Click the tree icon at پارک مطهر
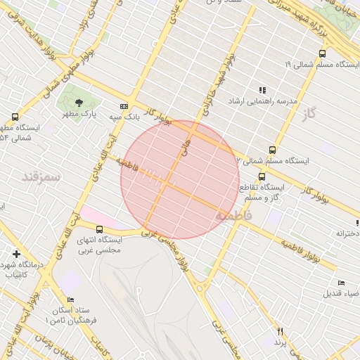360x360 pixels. tap(77, 103)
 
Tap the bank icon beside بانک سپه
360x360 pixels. tap(124, 106)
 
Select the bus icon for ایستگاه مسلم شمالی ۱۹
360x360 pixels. tap(322, 53)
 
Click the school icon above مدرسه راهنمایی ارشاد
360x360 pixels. tap(262, 90)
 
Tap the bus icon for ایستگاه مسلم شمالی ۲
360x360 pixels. tap(272, 150)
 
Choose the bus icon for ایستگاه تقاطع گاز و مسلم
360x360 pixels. tap(262, 176)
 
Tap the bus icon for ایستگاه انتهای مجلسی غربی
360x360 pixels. tap(99, 229)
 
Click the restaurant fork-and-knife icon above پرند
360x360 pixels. tap(281, 331)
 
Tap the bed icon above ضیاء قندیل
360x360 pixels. tap(341, 283)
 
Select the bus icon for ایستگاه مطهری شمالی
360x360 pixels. tap(15, 117)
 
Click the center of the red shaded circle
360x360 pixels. tap(180, 179)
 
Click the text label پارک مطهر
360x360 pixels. tap(78, 114)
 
